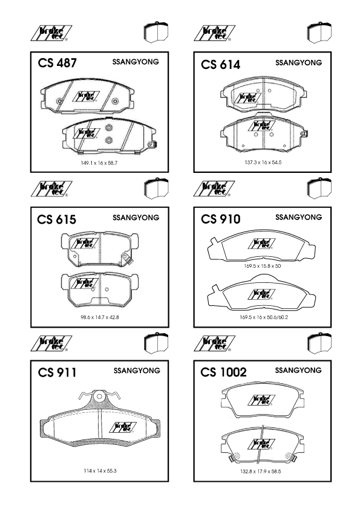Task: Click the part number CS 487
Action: click(57, 63)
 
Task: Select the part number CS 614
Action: click(221, 65)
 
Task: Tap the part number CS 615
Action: click(56, 219)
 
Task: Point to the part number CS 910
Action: click(221, 219)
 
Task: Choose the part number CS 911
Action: click(57, 372)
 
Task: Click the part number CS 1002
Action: click(223, 372)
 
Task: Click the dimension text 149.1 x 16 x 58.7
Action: click(99, 163)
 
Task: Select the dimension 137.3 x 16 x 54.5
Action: click(263, 162)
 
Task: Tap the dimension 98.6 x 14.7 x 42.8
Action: click(100, 317)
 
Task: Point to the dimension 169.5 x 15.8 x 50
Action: click(262, 266)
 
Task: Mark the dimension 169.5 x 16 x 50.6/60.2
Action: click(264, 317)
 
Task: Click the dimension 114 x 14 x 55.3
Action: click(100, 471)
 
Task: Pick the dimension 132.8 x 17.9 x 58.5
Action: click(261, 472)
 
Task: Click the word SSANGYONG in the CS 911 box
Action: click(137, 371)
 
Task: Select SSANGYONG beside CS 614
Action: click(299, 63)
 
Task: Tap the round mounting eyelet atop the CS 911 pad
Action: click(99, 397)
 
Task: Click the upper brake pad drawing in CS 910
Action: click(261, 245)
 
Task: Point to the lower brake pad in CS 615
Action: click(100, 290)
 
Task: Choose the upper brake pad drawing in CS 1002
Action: click(263, 400)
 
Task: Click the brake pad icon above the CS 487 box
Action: click(156, 32)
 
